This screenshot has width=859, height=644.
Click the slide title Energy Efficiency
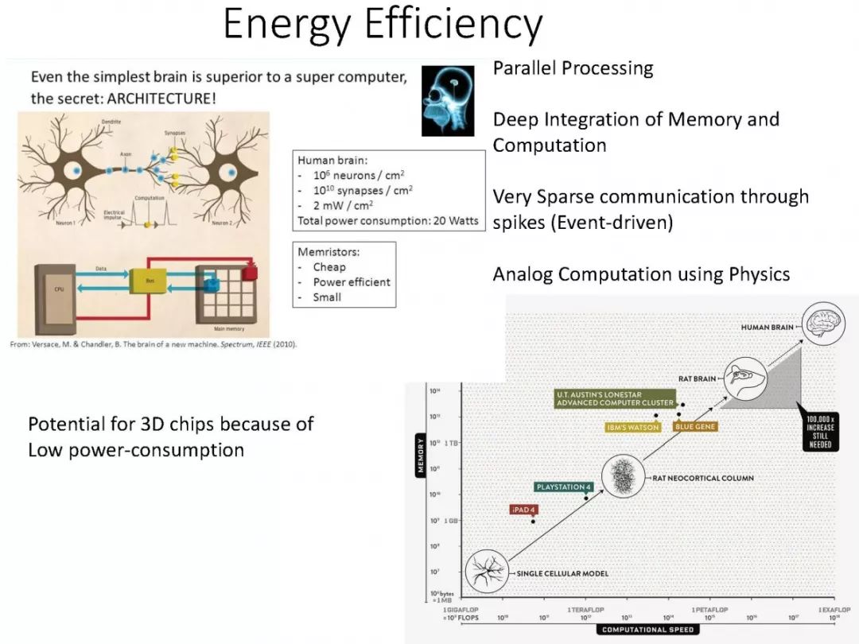[x=383, y=25]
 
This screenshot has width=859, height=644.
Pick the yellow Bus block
[x=148, y=281]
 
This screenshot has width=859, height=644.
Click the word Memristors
[x=328, y=251]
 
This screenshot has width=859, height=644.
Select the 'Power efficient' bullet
[x=352, y=281]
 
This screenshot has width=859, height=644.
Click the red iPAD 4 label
[x=523, y=510]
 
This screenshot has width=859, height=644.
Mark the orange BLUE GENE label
[x=695, y=427]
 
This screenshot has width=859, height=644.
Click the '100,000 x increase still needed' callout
[x=819, y=431]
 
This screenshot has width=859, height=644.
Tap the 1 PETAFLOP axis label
[x=709, y=609]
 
